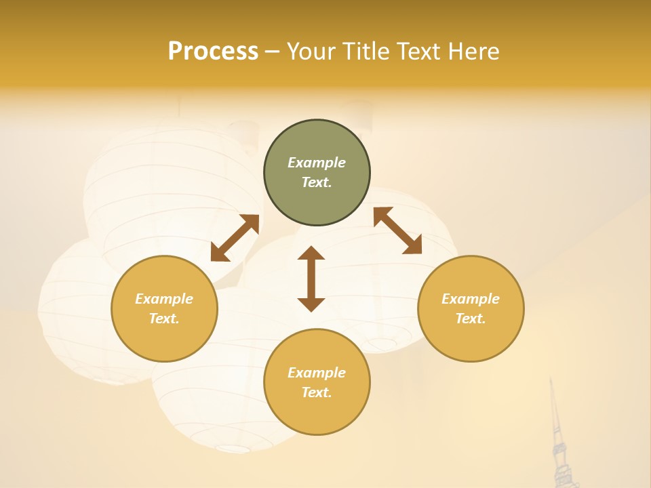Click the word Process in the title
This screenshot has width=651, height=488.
(x=213, y=52)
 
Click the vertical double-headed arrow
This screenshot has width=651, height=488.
(x=311, y=279)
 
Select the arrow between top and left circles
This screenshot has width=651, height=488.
(x=235, y=238)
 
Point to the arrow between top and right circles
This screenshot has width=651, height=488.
(x=397, y=230)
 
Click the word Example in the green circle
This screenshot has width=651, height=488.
(x=317, y=163)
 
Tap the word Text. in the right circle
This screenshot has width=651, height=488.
(x=471, y=319)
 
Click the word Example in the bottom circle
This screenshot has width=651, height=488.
(x=317, y=373)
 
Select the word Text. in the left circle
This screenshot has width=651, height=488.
(x=164, y=319)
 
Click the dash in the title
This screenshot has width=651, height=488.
(x=272, y=52)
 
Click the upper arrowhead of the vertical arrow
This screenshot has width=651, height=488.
(x=311, y=253)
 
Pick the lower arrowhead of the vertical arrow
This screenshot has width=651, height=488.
(x=311, y=304)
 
